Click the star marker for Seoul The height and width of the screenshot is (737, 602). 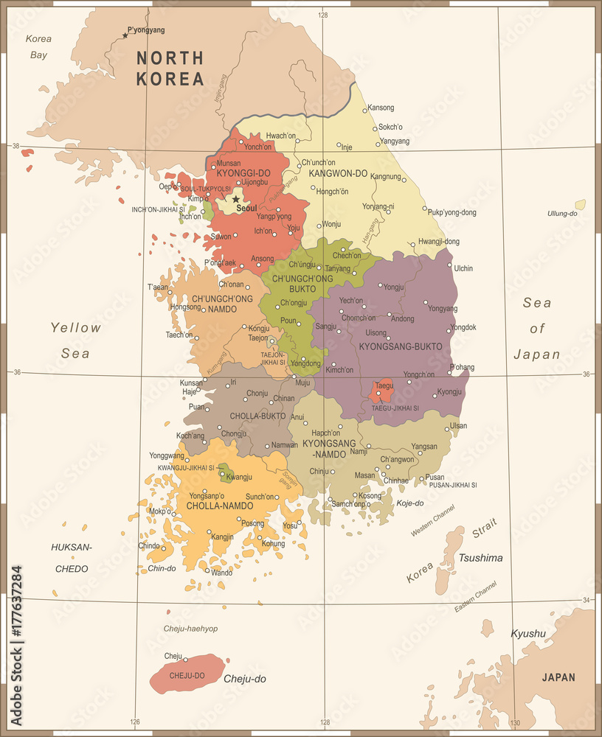click(236, 199)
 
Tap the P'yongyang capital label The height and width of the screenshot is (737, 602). click(146, 30)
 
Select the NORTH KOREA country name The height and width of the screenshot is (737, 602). click(169, 68)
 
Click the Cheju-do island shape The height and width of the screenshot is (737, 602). click(186, 673)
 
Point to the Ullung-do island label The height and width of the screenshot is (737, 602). click(561, 213)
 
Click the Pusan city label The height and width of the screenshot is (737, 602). click(435, 477)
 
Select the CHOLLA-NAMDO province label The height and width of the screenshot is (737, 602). click(221, 506)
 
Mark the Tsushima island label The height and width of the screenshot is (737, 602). click(480, 558)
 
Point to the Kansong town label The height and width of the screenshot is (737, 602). click(381, 108)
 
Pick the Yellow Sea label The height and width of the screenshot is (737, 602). click(75, 340)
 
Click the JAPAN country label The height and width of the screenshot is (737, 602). click(558, 677)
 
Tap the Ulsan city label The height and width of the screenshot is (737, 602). click(458, 425)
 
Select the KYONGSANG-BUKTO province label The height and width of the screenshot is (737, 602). click(401, 346)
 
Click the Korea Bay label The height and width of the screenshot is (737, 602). click(38, 46)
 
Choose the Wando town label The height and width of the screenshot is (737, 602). click(221, 572)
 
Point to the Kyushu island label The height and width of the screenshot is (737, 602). click(528, 633)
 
